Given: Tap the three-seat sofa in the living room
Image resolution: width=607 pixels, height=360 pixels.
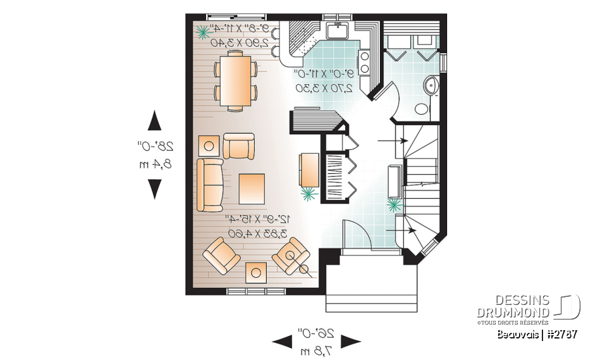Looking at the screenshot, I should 210,185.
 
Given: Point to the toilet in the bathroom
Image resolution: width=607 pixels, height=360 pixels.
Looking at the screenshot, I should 422,108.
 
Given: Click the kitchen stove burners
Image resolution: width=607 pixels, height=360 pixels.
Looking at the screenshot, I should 364,62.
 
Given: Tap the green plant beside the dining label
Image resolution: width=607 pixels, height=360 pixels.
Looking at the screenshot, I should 204,31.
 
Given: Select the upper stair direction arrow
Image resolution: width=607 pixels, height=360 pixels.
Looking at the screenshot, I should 385,140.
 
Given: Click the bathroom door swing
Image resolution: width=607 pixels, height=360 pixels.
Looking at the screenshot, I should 395,101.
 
